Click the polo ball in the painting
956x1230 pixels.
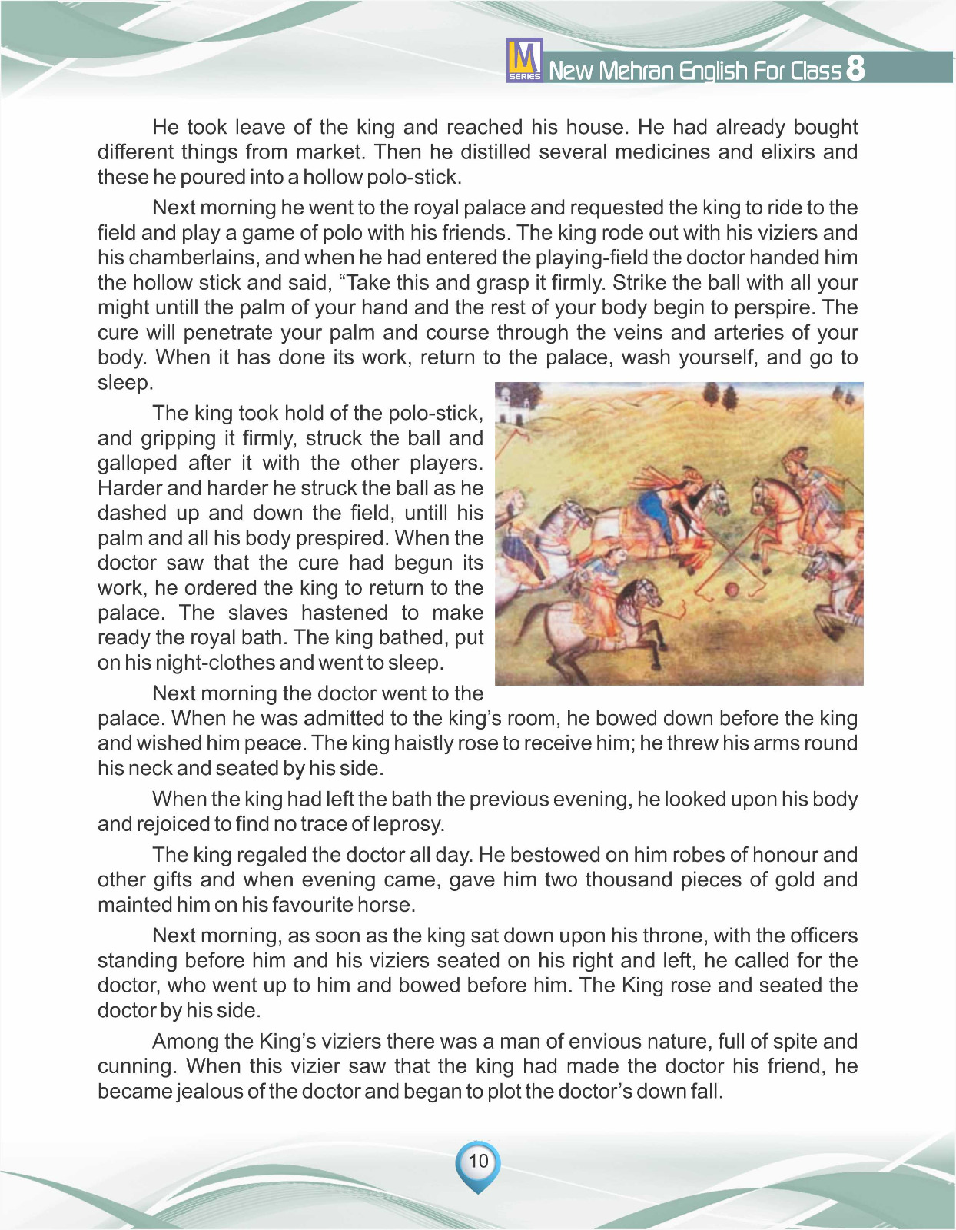[732, 590]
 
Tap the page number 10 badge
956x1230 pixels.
[478, 1162]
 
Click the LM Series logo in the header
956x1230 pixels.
[525, 60]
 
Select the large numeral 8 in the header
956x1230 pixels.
[855, 68]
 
